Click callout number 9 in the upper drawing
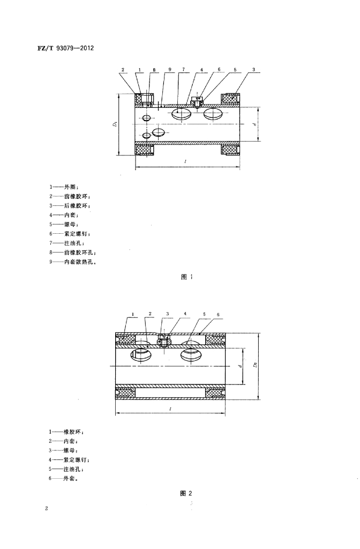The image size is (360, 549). coord(169,70)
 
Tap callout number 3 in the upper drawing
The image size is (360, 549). coord(253,70)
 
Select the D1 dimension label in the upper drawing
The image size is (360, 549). coord(115,124)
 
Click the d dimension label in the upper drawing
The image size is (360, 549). coord(256,124)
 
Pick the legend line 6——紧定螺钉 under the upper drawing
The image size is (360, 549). coord(71,234)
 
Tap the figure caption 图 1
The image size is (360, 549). coord(186,277)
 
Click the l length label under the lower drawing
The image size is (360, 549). coord(169,409)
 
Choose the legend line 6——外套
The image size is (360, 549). coord(64,479)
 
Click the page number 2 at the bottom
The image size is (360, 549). coord(47,508)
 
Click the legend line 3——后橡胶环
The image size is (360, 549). coord(70,206)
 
